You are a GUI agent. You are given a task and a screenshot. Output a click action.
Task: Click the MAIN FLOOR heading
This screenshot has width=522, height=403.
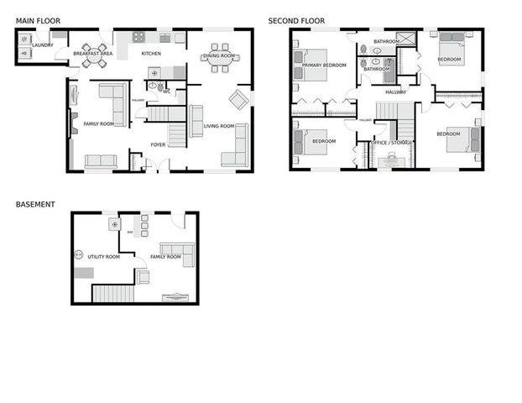(x=38, y=20)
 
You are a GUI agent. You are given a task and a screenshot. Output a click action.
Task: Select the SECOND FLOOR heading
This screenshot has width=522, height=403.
(x=296, y=20)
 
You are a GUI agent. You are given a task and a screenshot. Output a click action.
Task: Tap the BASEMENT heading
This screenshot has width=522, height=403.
(x=35, y=204)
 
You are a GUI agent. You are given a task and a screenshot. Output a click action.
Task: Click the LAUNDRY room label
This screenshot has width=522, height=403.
(x=43, y=45)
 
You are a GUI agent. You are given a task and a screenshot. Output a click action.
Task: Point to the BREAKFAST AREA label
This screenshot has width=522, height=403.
(x=93, y=54)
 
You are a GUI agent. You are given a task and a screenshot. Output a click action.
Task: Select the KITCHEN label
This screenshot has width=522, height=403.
(x=151, y=54)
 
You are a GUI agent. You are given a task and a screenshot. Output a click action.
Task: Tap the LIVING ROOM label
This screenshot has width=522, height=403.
(x=219, y=126)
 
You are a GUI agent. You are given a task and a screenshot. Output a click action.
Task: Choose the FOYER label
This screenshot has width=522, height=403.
(x=159, y=144)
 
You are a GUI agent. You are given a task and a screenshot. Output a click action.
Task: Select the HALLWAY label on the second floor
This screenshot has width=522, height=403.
(x=396, y=92)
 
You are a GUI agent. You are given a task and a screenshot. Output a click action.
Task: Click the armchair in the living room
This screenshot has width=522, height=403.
(x=238, y=99)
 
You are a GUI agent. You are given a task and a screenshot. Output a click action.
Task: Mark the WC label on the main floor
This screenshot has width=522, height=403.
(x=167, y=92)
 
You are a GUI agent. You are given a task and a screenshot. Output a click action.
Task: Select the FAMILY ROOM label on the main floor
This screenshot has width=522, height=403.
(x=98, y=124)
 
